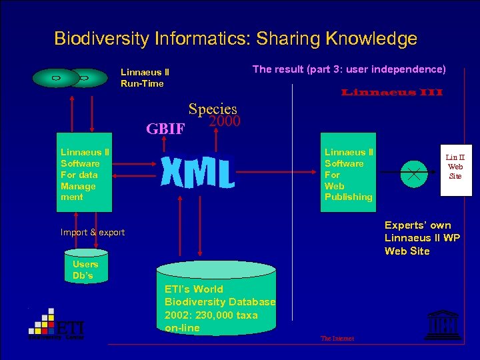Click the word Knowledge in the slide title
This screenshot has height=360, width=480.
(371, 39)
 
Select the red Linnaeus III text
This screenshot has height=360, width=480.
(392, 92)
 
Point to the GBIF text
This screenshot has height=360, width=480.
(165, 129)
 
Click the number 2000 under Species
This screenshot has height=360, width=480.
(224, 121)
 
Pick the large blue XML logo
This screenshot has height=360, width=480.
(197, 173)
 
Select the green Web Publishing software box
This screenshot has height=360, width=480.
(347, 175)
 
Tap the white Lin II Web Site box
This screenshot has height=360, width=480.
(455, 170)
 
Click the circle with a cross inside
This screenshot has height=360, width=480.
(414, 174)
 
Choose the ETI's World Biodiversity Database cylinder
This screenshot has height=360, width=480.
(215, 300)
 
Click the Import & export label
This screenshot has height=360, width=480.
(93, 233)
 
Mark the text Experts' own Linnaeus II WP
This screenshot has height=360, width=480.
(421, 232)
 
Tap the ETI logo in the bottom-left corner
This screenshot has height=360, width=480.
(56, 325)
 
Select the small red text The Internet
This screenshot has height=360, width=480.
(337, 339)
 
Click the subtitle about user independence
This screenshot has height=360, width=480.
(349, 69)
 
